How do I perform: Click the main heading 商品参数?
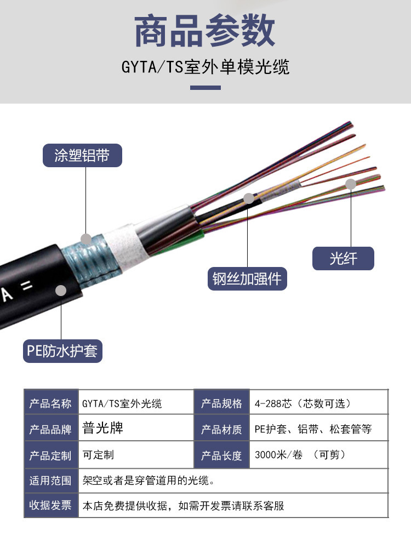[205, 31]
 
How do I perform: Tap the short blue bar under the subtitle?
[205, 88]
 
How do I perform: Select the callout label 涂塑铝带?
[82, 155]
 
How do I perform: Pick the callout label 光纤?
[343, 258]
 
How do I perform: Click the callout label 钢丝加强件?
[247, 278]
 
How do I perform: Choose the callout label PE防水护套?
[62, 350]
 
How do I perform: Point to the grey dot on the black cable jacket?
[61, 291]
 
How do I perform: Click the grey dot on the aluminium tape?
[86, 238]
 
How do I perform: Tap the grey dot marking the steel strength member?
[249, 198]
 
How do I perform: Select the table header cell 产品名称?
[50, 404]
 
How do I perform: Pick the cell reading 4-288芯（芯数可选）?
[302, 404]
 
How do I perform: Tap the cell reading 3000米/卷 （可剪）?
[300, 455]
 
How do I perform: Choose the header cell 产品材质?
[221, 429]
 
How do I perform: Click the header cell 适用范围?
[50, 481]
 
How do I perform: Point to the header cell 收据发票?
[50, 505]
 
